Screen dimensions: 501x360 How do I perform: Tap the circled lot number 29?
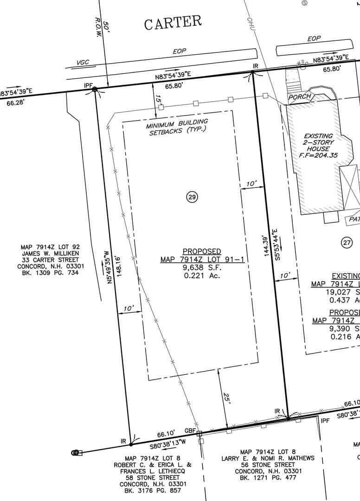[192, 197]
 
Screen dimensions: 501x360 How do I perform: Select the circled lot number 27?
[347, 242]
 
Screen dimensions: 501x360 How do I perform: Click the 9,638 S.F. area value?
[202, 268]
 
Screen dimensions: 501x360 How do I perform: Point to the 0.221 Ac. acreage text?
[202, 276]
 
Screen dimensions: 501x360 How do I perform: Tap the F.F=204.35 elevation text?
[318, 155]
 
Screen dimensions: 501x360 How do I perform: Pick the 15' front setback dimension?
[158, 100]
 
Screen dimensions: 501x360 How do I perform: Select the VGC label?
[83, 62]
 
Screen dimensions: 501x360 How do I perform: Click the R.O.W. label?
[98, 28]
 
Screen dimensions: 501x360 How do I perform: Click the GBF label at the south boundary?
[190, 430]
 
